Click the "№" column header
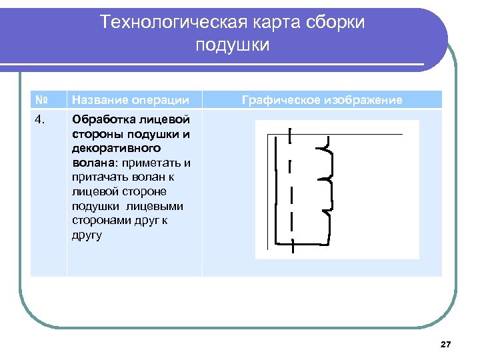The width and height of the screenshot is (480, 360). point(41,100)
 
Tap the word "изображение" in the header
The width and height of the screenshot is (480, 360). point(363,100)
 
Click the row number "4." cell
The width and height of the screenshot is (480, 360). point(41,120)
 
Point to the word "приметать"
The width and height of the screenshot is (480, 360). point(153,163)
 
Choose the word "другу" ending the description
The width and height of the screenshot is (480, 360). point(87,235)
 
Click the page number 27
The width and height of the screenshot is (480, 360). point(446,344)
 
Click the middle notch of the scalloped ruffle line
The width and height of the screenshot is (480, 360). point(325,179)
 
